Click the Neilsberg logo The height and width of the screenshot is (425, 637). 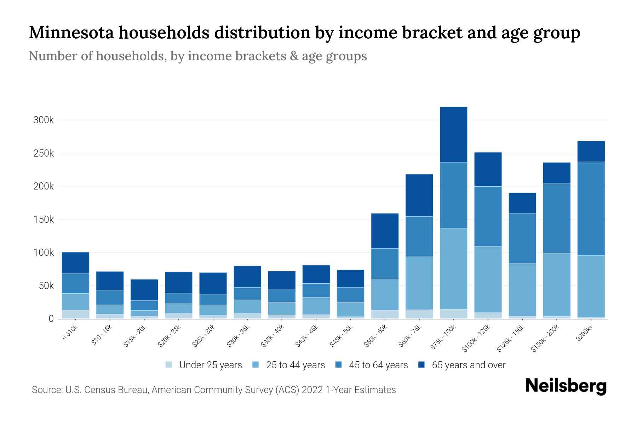[x=566, y=386]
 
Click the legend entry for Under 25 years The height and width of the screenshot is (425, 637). [x=210, y=365]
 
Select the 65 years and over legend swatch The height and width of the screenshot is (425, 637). [x=421, y=365]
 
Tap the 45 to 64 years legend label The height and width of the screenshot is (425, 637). [x=378, y=365]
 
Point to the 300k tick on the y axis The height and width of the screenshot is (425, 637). [x=44, y=120]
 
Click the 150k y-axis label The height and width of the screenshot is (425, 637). [x=44, y=220]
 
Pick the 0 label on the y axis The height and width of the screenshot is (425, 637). [x=51, y=319]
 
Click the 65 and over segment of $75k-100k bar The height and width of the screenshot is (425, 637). [x=453, y=135]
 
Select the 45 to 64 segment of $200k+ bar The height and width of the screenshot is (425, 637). [x=591, y=209]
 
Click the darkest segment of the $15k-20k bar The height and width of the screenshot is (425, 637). [x=144, y=290]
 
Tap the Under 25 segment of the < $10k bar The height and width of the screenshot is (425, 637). [x=75, y=314]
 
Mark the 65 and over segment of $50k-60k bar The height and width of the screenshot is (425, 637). [x=385, y=231]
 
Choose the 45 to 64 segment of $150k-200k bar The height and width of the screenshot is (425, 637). [x=556, y=218]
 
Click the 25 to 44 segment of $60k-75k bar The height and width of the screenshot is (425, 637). [x=419, y=283]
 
